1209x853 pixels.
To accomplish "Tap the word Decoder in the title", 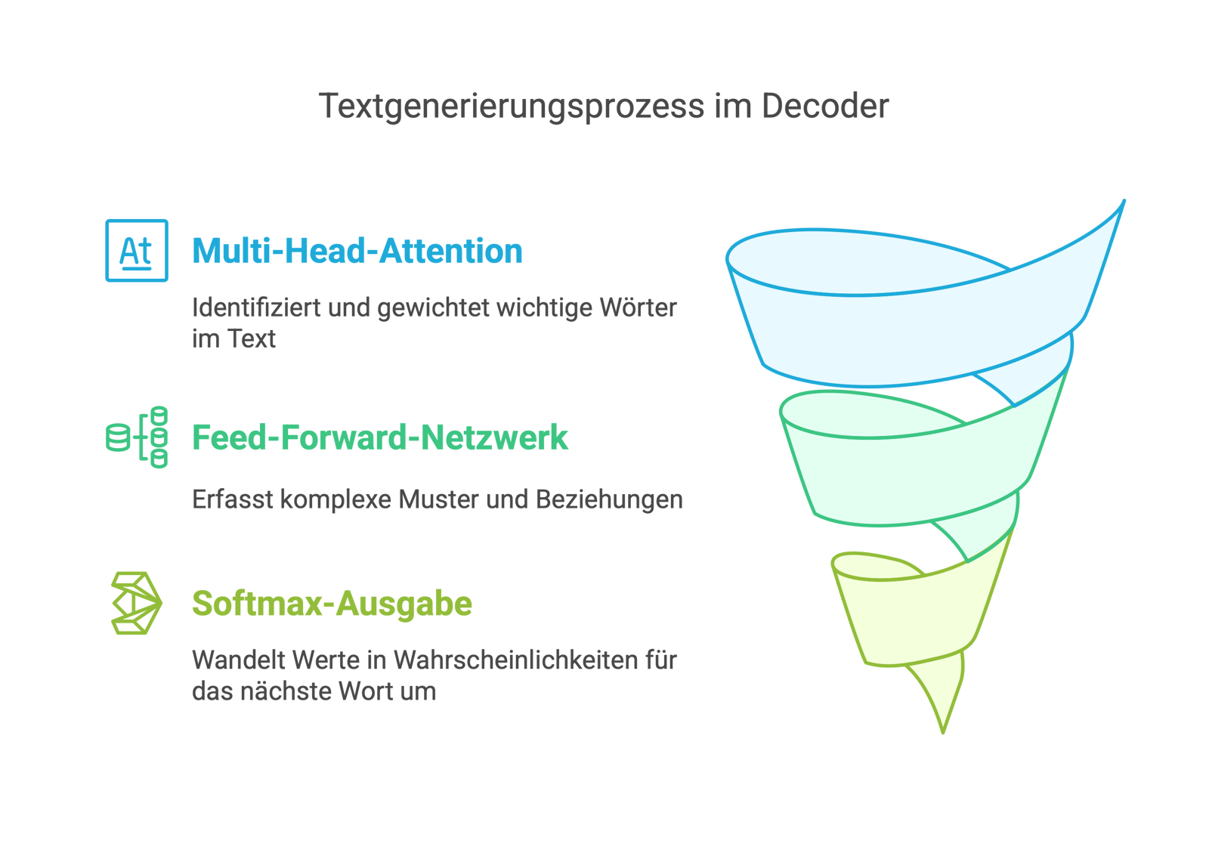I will (825, 107).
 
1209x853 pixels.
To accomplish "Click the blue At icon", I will (137, 250).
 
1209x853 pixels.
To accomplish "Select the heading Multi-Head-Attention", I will (357, 251).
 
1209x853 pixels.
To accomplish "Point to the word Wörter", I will (639, 308).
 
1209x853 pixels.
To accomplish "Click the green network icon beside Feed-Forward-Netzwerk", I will (137, 437).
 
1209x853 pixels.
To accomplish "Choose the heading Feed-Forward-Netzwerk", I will (379, 437).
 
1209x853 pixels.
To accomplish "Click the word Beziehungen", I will (609, 499).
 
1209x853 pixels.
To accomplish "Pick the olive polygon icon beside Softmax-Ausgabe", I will (137, 603).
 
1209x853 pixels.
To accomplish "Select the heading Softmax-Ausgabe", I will (332, 604).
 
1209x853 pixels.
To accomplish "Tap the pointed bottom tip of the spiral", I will (943, 729).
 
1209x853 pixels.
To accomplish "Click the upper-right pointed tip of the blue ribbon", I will (1123, 202).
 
